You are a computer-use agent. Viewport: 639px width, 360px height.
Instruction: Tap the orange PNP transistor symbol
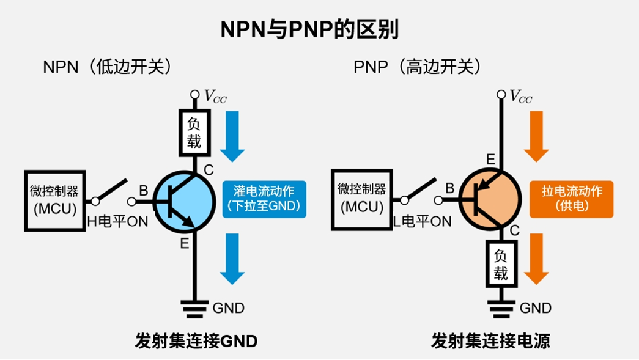click(x=489, y=200)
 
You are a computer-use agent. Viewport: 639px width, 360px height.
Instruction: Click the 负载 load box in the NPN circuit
click(x=194, y=133)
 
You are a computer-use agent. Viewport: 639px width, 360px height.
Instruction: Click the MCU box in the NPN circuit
click(x=54, y=200)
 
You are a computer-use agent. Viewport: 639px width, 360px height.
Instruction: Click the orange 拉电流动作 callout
click(x=571, y=199)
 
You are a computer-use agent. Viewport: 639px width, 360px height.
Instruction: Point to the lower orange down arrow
click(x=536, y=259)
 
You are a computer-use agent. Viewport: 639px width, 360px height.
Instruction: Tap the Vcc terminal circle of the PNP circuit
click(x=501, y=94)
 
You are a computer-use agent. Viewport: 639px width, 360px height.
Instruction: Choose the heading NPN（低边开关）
click(x=108, y=67)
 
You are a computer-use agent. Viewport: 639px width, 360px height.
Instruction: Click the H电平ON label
click(x=117, y=222)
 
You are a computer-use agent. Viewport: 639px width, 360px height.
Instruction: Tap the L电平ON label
click(x=422, y=221)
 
